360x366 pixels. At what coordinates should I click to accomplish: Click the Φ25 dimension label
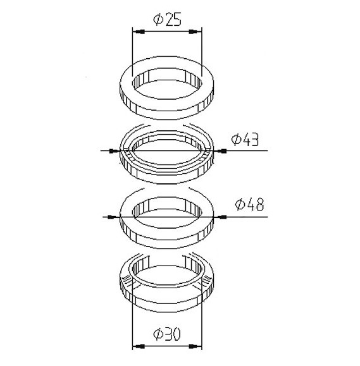[x=167, y=20]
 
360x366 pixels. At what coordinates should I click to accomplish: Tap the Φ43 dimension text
[x=245, y=140]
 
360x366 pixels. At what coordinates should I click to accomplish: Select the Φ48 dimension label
[x=249, y=204]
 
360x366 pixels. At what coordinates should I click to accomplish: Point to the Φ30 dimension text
[x=167, y=334]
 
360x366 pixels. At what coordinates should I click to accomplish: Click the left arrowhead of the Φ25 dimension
[x=139, y=32]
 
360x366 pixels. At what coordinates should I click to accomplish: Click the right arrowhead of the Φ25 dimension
[x=195, y=32]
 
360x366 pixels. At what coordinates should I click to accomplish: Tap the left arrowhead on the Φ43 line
[x=115, y=151]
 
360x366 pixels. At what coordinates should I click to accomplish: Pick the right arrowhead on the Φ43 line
[x=220, y=151]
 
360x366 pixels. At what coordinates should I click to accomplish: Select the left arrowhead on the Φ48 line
[x=114, y=217]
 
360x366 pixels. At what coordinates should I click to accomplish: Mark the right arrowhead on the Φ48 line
[x=220, y=217]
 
